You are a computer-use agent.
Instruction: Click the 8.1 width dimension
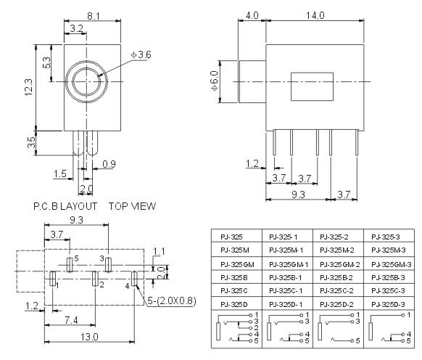pyautogui.click(x=94, y=16)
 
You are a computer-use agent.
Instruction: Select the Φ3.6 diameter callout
pyautogui.click(x=141, y=54)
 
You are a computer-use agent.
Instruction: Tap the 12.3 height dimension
pyautogui.click(x=28, y=87)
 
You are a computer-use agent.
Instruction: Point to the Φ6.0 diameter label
pyautogui.click(x=215, y=81)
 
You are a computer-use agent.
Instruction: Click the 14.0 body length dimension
pyautogui.click(x=315, y=15)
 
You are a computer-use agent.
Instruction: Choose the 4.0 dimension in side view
pyautogui.click(x=252, y=15)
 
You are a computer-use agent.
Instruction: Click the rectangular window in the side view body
pyautogui.click(x=312, y=86)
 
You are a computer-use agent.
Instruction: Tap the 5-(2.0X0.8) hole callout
pyautogui.click(x=172, y=300)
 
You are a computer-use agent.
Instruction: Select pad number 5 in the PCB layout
pyautogui.click(x=70, y=265)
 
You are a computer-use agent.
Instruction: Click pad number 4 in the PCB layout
pyautogui.click(x=134, y=279)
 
